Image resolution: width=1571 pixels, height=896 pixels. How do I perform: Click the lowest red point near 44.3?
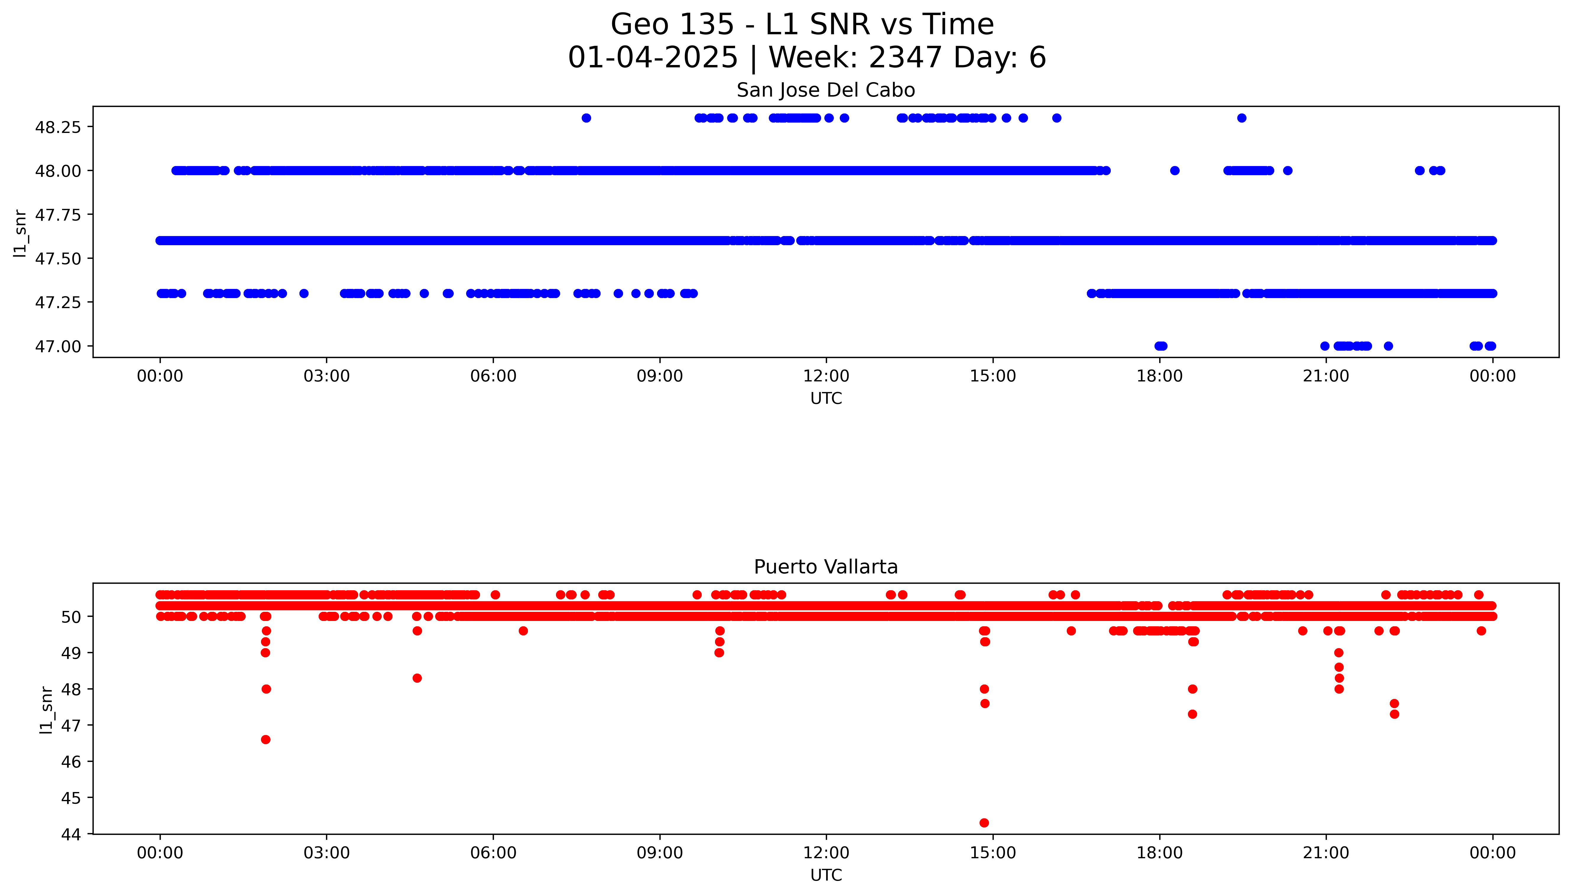(x=984, y=823)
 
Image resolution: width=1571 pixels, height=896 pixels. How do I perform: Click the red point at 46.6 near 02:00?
(x=265, y=739)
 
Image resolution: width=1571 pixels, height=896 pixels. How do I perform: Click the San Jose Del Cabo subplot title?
(x=826, y=90)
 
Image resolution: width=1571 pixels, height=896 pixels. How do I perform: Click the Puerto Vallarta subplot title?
(x=826, y=567)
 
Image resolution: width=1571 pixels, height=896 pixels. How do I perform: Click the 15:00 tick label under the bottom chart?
(x=992, y=853)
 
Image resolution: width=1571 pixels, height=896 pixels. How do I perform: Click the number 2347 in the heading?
(x=906, y=58)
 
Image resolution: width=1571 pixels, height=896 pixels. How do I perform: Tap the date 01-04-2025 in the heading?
(x=653, y=58)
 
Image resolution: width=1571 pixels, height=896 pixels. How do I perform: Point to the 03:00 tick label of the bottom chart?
(x=326, y=853)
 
